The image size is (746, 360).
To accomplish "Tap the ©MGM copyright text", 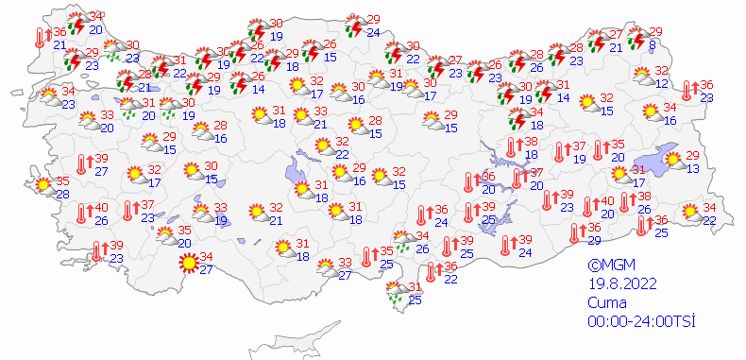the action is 608,266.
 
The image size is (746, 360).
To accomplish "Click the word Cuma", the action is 606,303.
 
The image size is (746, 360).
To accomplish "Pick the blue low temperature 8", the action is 653,44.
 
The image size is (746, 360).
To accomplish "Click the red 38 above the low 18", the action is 532,141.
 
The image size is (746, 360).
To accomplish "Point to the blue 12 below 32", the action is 662,84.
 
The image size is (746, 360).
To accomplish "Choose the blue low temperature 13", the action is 691,168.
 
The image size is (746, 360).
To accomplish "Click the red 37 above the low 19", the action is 579,146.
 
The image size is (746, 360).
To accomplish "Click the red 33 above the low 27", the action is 345,263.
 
